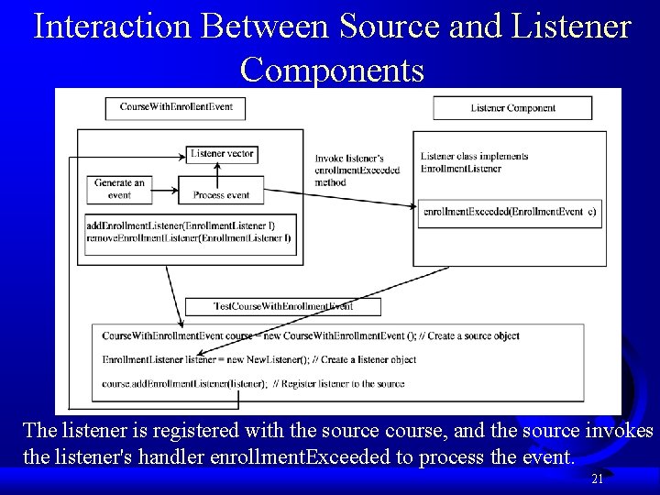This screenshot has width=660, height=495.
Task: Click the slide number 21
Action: click(x=597, y=478)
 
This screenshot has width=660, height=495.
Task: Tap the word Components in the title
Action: click(x=332, y=69)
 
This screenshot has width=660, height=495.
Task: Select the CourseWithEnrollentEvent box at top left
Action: click(x=176, y=107)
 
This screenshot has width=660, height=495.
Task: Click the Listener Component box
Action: click(x=512, y=108)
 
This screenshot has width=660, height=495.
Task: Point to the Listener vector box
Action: click(x=222, y=154)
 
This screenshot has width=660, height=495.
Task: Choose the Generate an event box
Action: click(x=119, y=189)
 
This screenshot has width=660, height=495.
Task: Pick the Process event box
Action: click(x=222, y=195)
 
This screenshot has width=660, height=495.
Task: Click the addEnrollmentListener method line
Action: click(x=181, y=225)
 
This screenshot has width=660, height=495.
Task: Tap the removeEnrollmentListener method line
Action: click(x=188, y=238)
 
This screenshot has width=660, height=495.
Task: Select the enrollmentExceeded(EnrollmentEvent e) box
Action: click(x=510, y=212)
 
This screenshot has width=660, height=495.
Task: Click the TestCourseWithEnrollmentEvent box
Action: click(x=282, y=306)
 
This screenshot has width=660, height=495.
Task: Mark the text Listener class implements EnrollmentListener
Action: click(x=474, y=162)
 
